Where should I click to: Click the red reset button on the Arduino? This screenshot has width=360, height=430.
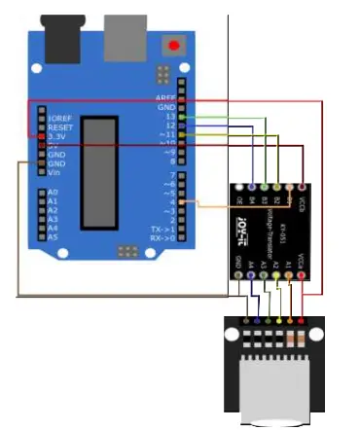click(174, 45)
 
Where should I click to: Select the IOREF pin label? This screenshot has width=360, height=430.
click(59, 118)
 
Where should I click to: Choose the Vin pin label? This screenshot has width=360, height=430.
click(54, 172)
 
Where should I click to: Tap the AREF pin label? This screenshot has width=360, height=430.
click(164, 98)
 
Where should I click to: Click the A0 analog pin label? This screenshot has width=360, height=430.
click(53, 193)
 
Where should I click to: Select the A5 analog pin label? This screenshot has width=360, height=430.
click(53, 236)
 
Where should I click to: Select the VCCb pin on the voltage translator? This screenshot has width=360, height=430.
click(303, 201)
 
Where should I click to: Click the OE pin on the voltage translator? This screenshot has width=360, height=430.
click(240, 201)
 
